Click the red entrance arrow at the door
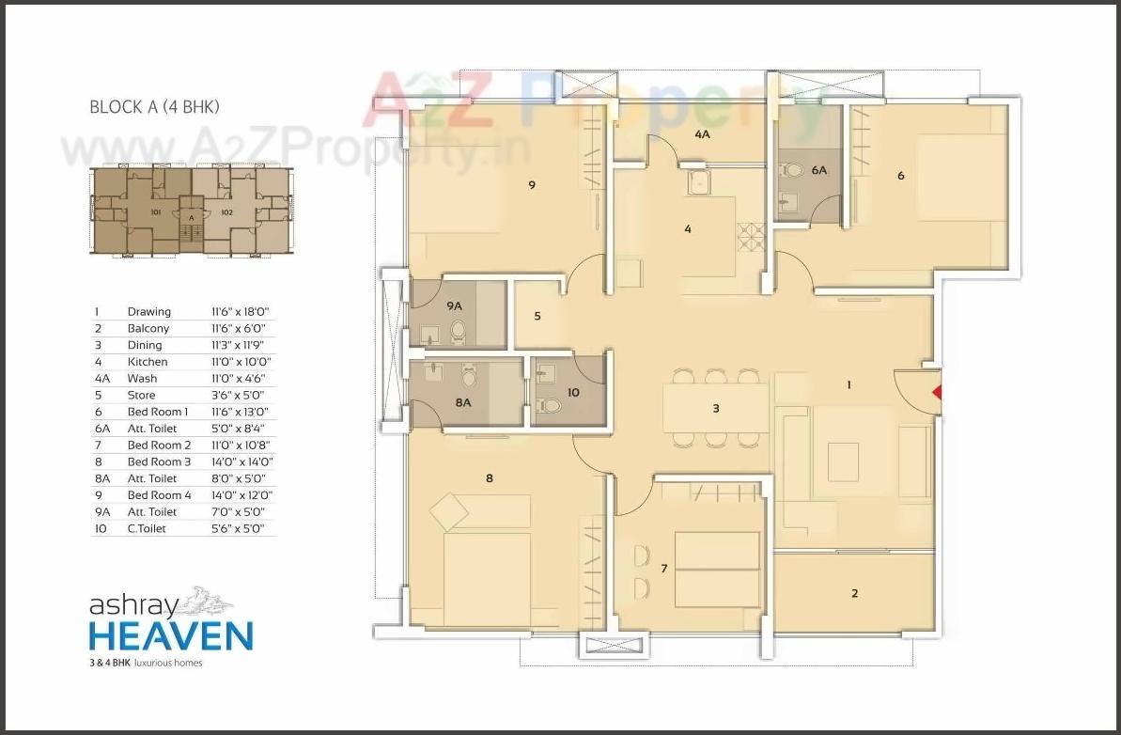pyautogui.click(x=936, y=394)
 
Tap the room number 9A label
pyautogui.click(x=455, y=305)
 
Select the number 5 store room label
pyautogui.click(x=537, y=317)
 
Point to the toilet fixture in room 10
pyautogui.click(x=551, y=405)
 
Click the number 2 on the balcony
pyautogui.click(x=854, y=593)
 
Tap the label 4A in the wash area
pyautogui.click(x=702, y=135)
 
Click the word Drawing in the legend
pyautogui.click(x=149, y=312)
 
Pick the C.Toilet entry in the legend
pyautogui.click(x=148, y=529)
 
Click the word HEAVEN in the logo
pyautogui.click(x=171, y=635)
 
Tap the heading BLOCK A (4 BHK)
pyautogui.click(x=154, y=107)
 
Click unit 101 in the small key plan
pyautogui.click(x=157, y=212)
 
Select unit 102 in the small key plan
pyautogui.click(x=226, y=212)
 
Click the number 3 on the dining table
pyautogui.click(x=716, y=409)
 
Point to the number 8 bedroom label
pyautogui.click(x=489, y=478)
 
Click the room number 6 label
pyautogui.click(x=901, y=175)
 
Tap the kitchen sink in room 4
pyautogui.click(x=698, y=182)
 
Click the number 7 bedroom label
pyautogui.click(x=663, y=569)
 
